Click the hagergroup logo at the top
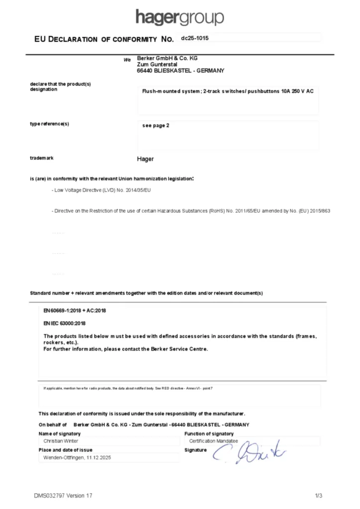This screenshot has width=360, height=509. point(180,17)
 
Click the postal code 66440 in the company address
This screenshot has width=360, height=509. point(144,71)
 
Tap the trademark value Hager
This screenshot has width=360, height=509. point(145,159)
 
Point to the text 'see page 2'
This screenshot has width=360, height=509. point(156,126)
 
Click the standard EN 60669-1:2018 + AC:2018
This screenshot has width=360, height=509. point(75,311)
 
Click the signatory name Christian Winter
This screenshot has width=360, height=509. point(61,441)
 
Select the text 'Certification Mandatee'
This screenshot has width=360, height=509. point(213,441)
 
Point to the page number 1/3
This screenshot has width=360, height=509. point(319,496)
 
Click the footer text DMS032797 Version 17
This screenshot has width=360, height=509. point(63,496)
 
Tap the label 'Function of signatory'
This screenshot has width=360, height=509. point(208,434)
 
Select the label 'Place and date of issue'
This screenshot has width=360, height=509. point(65,450)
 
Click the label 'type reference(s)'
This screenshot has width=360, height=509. point(49,124)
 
